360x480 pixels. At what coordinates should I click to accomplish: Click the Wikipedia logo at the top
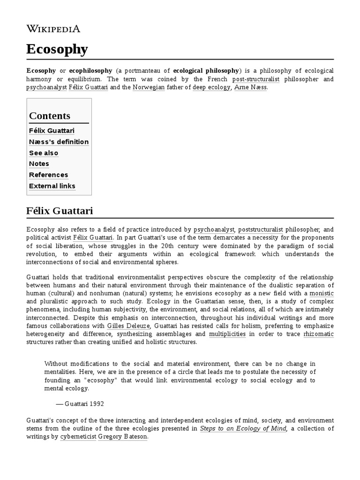[53, 29]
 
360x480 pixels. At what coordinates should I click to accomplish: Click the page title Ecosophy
[57, 49]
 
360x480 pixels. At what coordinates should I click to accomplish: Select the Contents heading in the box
[50, 116]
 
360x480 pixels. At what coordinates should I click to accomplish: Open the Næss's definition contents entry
[59, 142]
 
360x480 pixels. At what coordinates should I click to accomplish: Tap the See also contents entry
[44, 153]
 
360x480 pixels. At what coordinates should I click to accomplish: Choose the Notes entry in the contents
[39, 164]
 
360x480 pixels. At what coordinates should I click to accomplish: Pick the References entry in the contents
[48, 175]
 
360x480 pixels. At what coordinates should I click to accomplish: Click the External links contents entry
[52, 186]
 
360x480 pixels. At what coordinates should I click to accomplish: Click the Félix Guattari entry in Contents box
[52, 130]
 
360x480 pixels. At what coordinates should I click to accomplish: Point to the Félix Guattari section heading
[60, 211]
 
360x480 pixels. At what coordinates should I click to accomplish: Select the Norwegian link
[149, 88]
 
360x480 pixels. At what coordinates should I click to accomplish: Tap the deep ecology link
[211, 88]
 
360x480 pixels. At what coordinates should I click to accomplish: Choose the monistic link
[322, 293]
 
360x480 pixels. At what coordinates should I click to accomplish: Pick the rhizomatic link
[319, 333]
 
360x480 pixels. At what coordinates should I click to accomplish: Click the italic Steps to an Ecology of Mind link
[243, 428]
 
